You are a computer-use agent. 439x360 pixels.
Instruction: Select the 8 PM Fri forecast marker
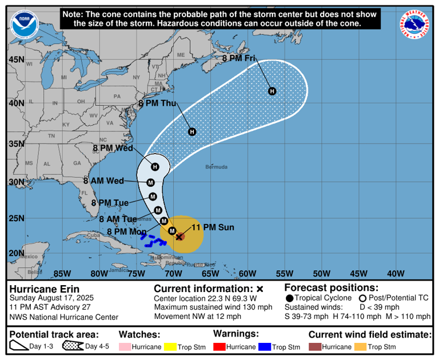[x=272, y=91]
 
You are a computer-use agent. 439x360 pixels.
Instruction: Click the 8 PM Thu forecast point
[x=192, y=132]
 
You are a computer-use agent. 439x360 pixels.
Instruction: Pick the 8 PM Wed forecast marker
[x=155, y=167]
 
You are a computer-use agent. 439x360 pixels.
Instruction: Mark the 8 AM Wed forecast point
[x=151, y=183]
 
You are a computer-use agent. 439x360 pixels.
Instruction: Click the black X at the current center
[x=179, y=237]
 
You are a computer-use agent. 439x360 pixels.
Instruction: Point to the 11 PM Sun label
[x=213, y=227]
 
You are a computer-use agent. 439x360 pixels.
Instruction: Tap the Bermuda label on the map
[x=217, y=167]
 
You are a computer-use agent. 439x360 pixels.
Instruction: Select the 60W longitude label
[x=248, y=273]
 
